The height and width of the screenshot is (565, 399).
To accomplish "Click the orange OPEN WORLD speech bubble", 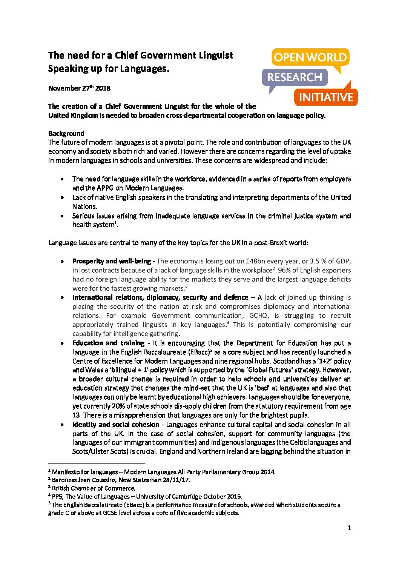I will click(310, 58).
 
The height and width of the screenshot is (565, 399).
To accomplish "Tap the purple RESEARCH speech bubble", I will click(295, 77).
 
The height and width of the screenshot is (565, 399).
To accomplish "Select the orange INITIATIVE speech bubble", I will click(325, 97).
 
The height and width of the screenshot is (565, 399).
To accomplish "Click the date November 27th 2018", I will click(79, 88).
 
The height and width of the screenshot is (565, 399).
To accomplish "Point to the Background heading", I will click(66, 134).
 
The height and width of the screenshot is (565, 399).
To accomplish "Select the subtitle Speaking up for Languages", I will click(109, 69).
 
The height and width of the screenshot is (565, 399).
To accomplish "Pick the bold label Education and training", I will click(108, 343).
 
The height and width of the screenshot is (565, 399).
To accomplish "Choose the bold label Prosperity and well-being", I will click(112, 261).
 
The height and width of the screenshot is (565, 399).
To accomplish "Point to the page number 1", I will click(349, 528).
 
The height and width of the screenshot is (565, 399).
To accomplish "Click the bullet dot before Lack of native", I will click(62, 197).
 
